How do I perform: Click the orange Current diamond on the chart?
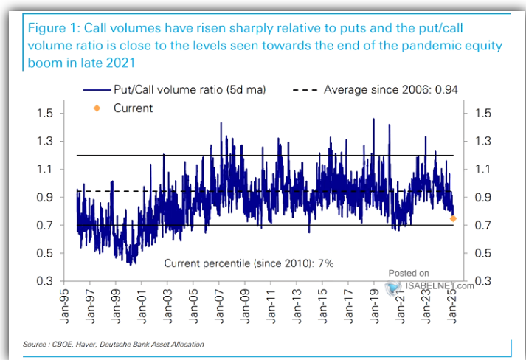(x=453, y=218)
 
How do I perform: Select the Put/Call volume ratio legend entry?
(x=173, y=90)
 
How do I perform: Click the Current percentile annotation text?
(x=240, y=263)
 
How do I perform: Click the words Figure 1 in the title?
(x=54, y=28)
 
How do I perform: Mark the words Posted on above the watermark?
(x=408, y=272)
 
